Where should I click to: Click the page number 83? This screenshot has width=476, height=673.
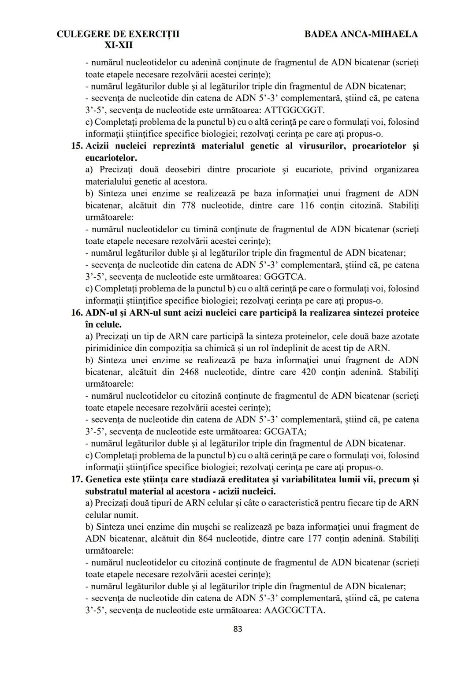[x=238, y=629]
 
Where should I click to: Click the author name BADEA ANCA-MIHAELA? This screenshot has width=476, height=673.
[x=361, y=34]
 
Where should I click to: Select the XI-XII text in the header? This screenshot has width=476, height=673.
[x=118, y=45]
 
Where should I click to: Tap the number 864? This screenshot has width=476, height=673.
[x=206, y=539]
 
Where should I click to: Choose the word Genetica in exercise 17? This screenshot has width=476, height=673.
[x=103, y=479]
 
